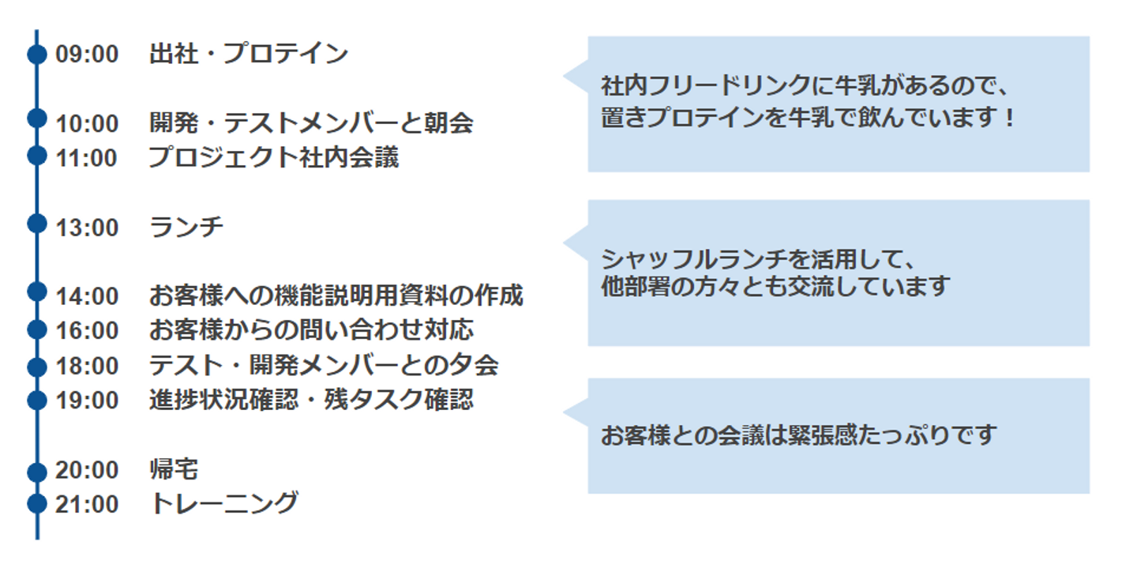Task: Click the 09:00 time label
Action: point(87,55)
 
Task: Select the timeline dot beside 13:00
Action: point(37,224)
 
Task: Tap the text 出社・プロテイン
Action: point(249,55)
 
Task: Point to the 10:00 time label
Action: point(87,123)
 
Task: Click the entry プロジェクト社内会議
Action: point(274,158)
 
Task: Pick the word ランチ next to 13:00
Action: point(186,228)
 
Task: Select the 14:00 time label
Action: point(87,296)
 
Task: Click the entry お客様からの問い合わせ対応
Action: point(311,330)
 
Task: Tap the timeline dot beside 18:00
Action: point(37,367)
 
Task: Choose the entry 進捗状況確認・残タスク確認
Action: point(311,400)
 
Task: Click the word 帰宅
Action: point(174,470)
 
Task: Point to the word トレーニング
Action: point(224,504)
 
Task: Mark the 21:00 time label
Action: point(87,504)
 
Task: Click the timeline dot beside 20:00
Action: point(37,472)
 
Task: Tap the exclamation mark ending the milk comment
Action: point(1008,119)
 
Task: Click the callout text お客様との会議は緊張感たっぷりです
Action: point(798,435)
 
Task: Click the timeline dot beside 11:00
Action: point(37,155)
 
